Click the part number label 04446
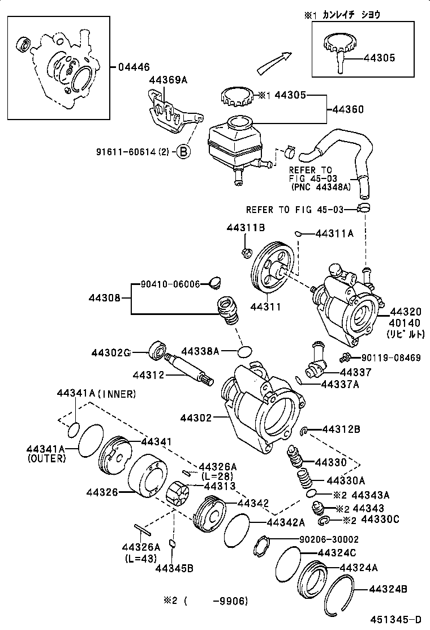tap(134, 67)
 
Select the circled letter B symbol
tap(183, 151)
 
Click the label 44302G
tap(111, 352)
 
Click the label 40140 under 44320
tap(404, 323)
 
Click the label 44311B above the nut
tap(246, 228)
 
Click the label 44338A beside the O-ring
tap(200, 351)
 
